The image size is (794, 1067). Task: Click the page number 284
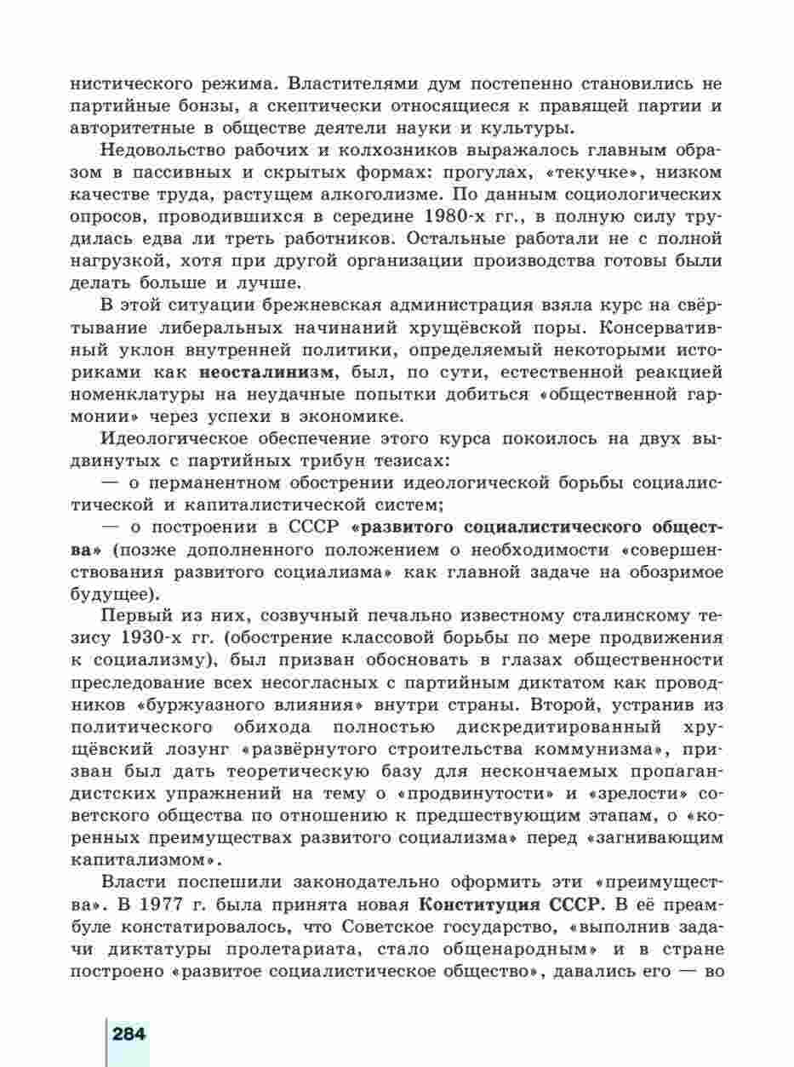(129, 1035)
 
